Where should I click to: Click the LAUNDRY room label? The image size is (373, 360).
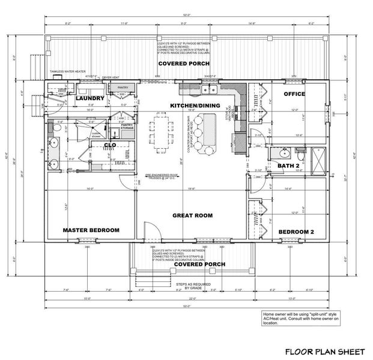90,98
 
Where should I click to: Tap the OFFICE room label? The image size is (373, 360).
294,94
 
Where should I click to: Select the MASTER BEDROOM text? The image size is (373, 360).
91,230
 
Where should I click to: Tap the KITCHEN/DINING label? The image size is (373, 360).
195,106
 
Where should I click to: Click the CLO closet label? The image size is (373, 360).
110,145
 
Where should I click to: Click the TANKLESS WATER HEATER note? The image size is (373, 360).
65,71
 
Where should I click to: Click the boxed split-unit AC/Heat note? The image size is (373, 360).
296,317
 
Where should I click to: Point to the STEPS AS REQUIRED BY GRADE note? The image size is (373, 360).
192,286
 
